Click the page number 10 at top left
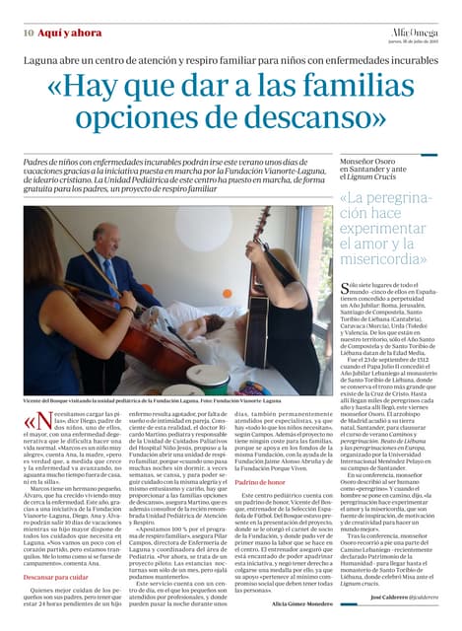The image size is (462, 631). coord(30,33)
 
